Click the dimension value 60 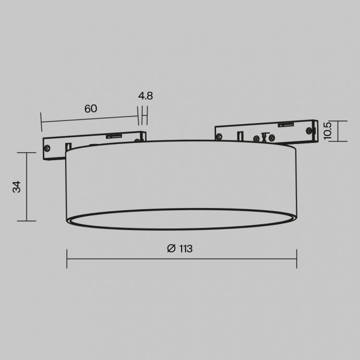[90, 109]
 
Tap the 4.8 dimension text [146, 96]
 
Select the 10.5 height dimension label [327, 131]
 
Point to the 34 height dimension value [17, 187]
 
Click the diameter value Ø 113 [180, 249]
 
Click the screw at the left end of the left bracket [47, 148]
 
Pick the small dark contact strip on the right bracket [284, 124]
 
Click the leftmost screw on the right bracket [219, 137]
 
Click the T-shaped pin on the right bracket [264, 137]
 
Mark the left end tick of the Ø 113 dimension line [67, 258]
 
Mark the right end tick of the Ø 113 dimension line [297, 258]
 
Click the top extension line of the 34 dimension [27, 152]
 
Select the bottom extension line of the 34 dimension [27, 221]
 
